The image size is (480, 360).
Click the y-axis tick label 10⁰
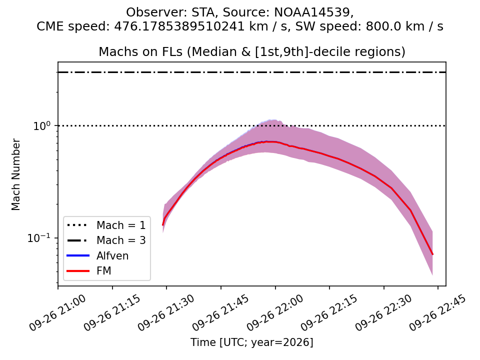(x=43, y=125)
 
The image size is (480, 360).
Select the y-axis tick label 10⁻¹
(x=40, y=237)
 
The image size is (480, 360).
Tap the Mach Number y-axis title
(x=15, y=174)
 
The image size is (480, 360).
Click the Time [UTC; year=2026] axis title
(x=251, y=342)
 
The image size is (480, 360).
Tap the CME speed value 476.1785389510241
(x=179, y=26)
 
